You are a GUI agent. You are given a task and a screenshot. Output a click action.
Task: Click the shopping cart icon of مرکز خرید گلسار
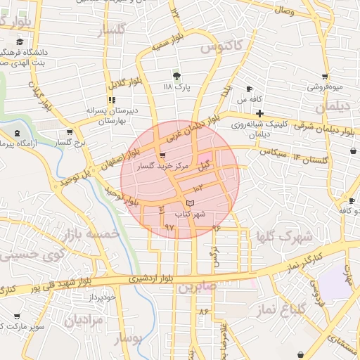163,155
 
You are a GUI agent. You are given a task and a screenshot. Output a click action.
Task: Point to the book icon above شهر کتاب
190,203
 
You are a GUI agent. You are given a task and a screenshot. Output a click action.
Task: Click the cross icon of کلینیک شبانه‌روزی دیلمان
260,113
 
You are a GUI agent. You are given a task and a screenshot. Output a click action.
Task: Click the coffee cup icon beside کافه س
249,89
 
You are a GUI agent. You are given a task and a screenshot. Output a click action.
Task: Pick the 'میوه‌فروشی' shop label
324,87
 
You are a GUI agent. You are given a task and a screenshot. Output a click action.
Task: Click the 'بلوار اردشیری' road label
149,279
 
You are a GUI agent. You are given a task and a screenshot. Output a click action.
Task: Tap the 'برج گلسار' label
70,142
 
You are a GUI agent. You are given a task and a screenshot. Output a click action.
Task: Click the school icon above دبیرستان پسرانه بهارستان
112,101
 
